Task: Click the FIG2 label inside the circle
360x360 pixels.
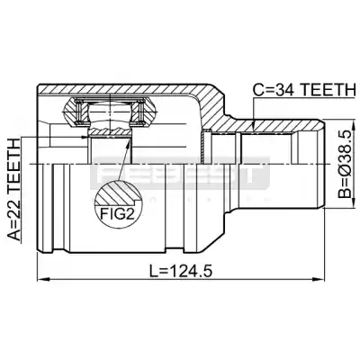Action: (x=117, y=214)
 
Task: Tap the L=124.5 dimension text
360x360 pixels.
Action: (x=181, y=272)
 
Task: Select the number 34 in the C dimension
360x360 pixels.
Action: (x=285, y=90)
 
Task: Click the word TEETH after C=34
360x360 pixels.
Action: (x=328, y=90)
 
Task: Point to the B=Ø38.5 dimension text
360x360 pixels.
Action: (x=345, y=164)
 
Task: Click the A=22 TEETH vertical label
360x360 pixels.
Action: (x=14, y=189)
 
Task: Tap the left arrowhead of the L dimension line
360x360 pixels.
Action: (x=42, y=280)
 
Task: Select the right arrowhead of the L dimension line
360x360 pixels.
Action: (x=319, y=280)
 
